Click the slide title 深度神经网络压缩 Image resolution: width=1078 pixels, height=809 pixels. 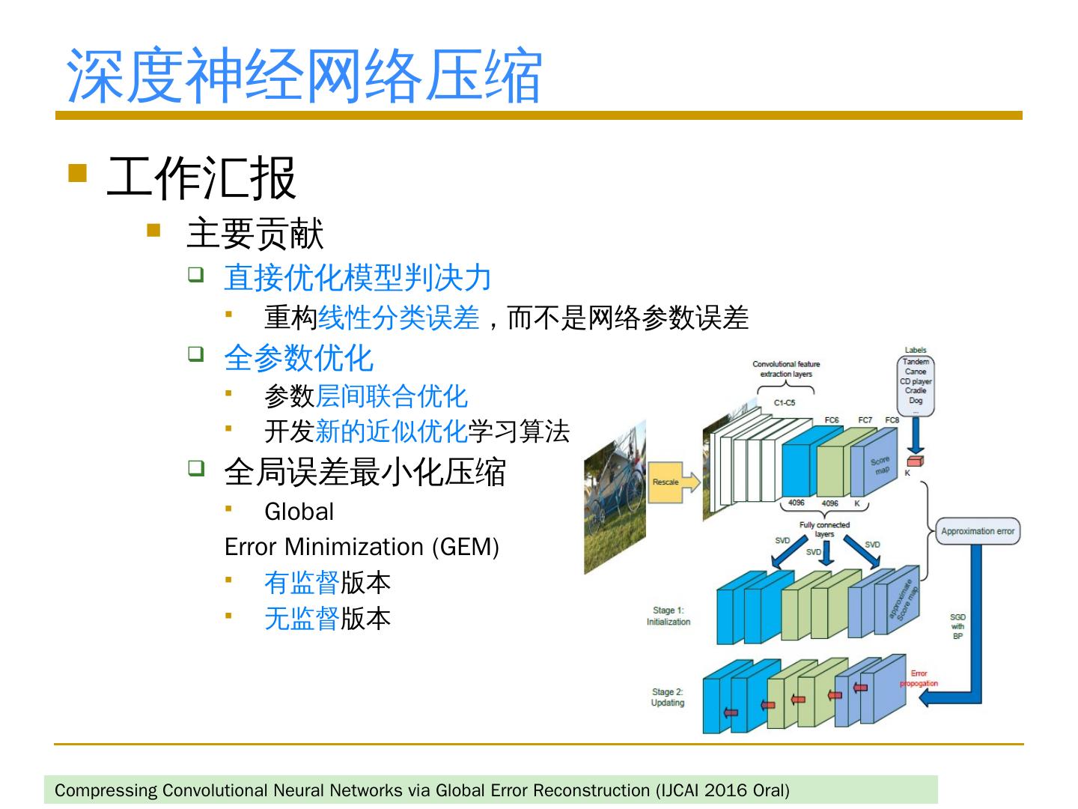tap(303, 75)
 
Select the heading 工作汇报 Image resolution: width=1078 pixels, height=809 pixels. tap(201, 178)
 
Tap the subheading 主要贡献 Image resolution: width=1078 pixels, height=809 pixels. tap(255, 234)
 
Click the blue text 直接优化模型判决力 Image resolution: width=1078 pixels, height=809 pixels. tap(358, 277)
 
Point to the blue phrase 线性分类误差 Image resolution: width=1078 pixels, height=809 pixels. tap(398, 318)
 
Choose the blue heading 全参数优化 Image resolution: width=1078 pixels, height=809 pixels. tap(299, 357)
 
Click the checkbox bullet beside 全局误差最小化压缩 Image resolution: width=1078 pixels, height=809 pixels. tap(196, 468)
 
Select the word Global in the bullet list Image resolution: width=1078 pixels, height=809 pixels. tap(299, 512)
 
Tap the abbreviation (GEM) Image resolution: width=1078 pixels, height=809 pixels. tap(466, 547)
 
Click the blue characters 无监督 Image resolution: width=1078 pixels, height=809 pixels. tap(302, 618)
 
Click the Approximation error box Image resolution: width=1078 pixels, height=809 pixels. tap(978, 531)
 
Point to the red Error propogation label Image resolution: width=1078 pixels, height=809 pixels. tap(919, 679)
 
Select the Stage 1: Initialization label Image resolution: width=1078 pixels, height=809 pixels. tap(669, 616)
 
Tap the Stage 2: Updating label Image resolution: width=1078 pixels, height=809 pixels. tap(668, 697)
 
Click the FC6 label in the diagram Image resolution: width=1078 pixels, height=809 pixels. tap(832, 420)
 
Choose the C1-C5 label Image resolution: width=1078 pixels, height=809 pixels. tap(785, 403)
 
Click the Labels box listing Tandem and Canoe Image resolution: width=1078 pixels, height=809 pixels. tap(916, 386)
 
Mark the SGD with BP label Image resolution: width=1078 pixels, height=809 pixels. tap(957, 626)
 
